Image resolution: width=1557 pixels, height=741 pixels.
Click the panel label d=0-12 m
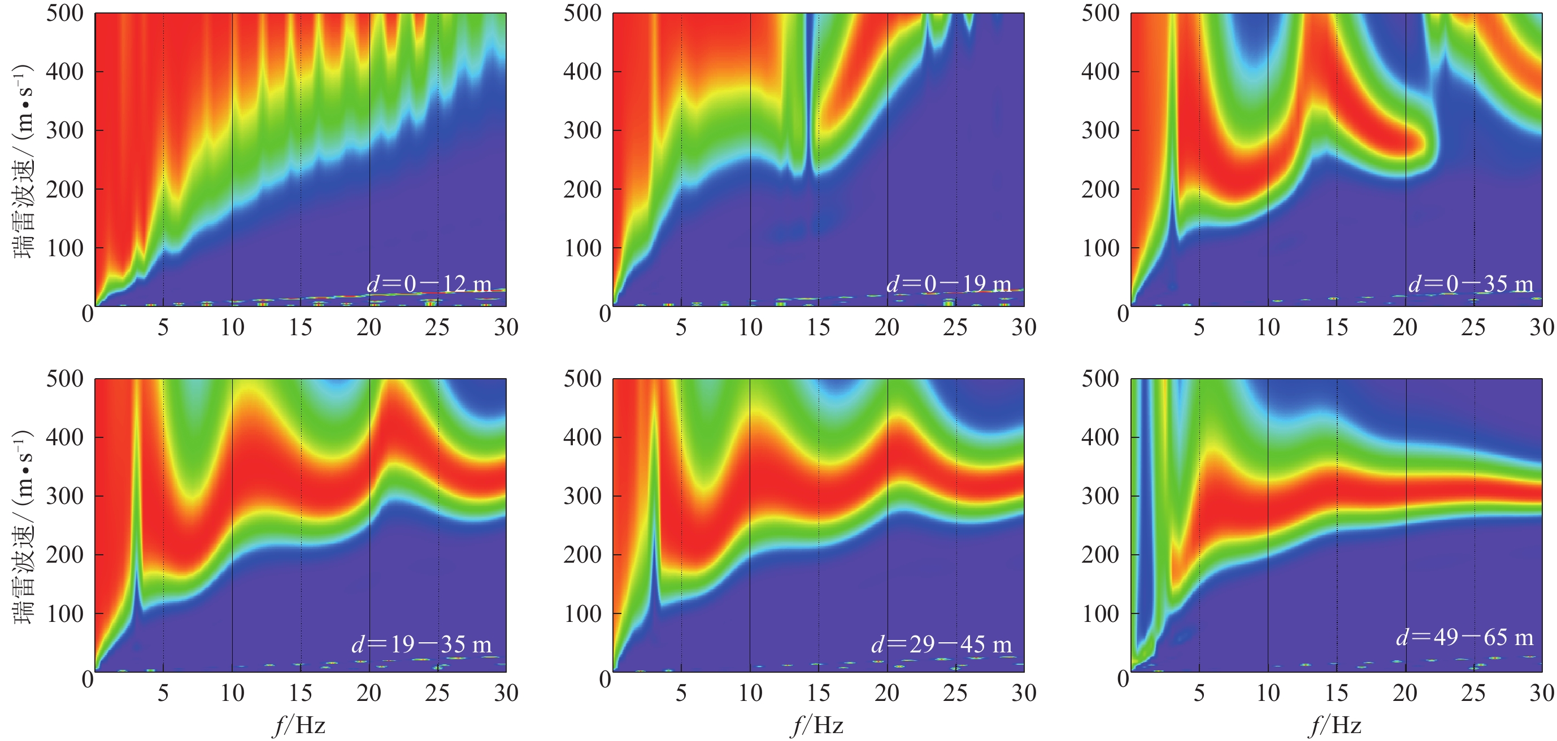click(429, 283)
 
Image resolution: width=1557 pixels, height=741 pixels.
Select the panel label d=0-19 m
click(948, 283)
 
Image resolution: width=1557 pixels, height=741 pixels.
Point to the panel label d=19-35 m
click(421, 644)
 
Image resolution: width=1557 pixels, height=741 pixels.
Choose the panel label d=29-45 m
click(941, 644)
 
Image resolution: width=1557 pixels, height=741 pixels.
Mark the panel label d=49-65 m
click(1464, 637)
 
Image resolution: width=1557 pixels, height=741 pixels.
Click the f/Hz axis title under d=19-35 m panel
click(300, 725)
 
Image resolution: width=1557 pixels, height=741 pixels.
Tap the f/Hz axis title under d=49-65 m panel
click(1336, 725)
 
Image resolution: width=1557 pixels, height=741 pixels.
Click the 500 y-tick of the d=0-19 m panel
click(582, 14)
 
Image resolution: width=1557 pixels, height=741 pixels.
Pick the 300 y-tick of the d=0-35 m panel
click(1100, 130)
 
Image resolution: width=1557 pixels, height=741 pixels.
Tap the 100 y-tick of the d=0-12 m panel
click(64, 248)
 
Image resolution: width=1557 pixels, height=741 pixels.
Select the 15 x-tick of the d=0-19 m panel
click(819, 327)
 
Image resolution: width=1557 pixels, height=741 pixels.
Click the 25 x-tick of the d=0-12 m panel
click(437, 327)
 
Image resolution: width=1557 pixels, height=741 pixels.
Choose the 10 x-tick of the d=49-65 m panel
click(1268, 692)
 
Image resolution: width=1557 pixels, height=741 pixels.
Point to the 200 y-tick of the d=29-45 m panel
click(582, 554)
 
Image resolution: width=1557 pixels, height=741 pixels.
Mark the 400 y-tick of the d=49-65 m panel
click(1100, 437)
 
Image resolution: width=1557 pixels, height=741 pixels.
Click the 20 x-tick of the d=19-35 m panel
click(369, 692)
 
